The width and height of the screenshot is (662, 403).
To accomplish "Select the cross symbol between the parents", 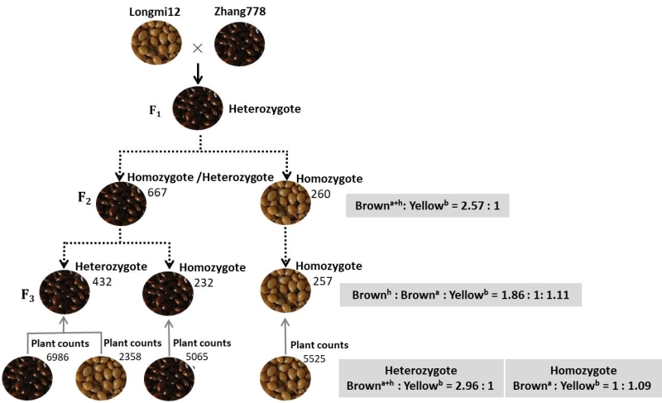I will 198,48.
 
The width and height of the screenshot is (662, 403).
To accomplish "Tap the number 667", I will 158,193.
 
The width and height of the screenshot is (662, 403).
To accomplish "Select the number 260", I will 320,194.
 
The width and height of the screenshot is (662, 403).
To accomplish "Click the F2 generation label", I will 84,198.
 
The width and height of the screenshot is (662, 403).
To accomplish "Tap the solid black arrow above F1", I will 199,74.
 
